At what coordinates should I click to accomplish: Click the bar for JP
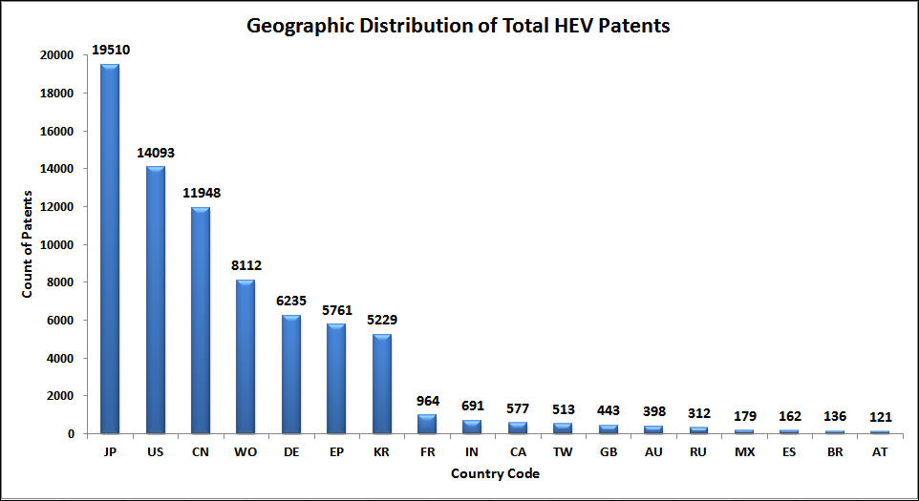click(x=110, y=248)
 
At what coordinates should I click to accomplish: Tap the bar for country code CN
click(x=201, y=320)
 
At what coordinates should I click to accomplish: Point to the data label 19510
click(x=110, y=51)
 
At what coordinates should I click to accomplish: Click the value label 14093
click(x=156, y=153)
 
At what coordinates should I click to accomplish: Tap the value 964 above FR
click(x=428, y=400)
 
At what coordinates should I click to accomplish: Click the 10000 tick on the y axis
click(x=58, y=244)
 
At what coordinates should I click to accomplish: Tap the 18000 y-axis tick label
click(x=58, y=94)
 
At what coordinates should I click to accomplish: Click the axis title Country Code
click(x=496, y=472)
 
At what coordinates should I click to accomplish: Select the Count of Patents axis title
click(x=28, y=245)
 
